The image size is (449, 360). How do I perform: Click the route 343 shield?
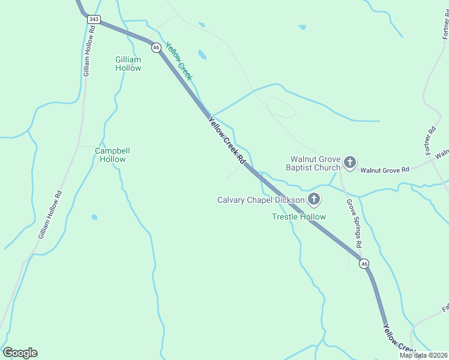pyautogui.click(x=93, y=19)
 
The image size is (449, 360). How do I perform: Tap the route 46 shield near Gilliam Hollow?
pyautogui.click(x=155, y=47)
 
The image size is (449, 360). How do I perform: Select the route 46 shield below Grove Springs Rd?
pyautogui.click(x=364, y=263)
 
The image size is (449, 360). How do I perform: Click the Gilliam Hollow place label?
pyautogui.click(x=128, y=64)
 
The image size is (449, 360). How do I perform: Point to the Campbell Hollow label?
pyautogui.click(x=113, y=155)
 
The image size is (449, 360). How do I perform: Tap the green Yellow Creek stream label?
pyautogui.click(x=178, y=61)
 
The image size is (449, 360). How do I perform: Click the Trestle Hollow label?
pyautogui.click(x=299, y=217)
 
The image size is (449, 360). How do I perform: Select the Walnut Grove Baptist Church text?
pyautogui.click(x=315, y=163)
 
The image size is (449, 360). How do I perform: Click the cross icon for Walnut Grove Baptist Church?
pyautogui.click(x=350, y=162)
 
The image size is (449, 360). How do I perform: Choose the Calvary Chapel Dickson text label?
pyautogui.click(x=261, y=200)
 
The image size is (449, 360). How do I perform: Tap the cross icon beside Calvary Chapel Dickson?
pyautogui.click(x=313, y=199)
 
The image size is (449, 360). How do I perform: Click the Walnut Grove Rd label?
pyautogui.click(x=385, y=170)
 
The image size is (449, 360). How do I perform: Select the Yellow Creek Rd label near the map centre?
pyautogui.click(x=227, y=140)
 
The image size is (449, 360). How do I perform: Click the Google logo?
pyautogui.click(x=20, y=353)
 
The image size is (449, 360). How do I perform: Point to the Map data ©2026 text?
pyautogui.click(x=423, y=355)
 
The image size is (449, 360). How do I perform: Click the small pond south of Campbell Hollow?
pyautogui.click(x=94, y=217)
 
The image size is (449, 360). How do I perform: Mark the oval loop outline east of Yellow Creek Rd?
pyautogui.click(x=281, y=107)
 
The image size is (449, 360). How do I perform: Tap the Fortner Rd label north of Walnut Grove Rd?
pyautogui.click(x=431, y=139)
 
